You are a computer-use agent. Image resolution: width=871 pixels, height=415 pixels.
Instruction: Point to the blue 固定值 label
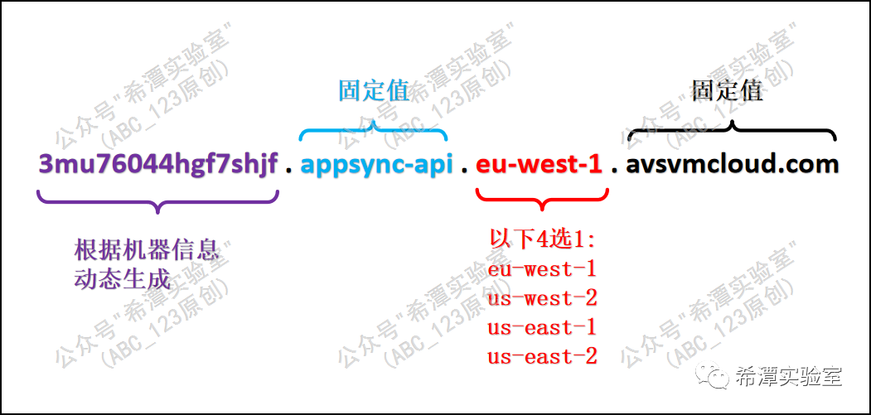374,90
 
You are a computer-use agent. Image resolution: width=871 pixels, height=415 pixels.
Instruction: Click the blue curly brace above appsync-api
374,131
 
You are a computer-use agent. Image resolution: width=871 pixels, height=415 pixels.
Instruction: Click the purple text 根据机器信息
147,249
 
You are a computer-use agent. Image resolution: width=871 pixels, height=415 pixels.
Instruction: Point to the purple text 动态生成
122,278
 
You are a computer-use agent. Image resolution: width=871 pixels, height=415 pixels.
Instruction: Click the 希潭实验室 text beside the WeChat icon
788,378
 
